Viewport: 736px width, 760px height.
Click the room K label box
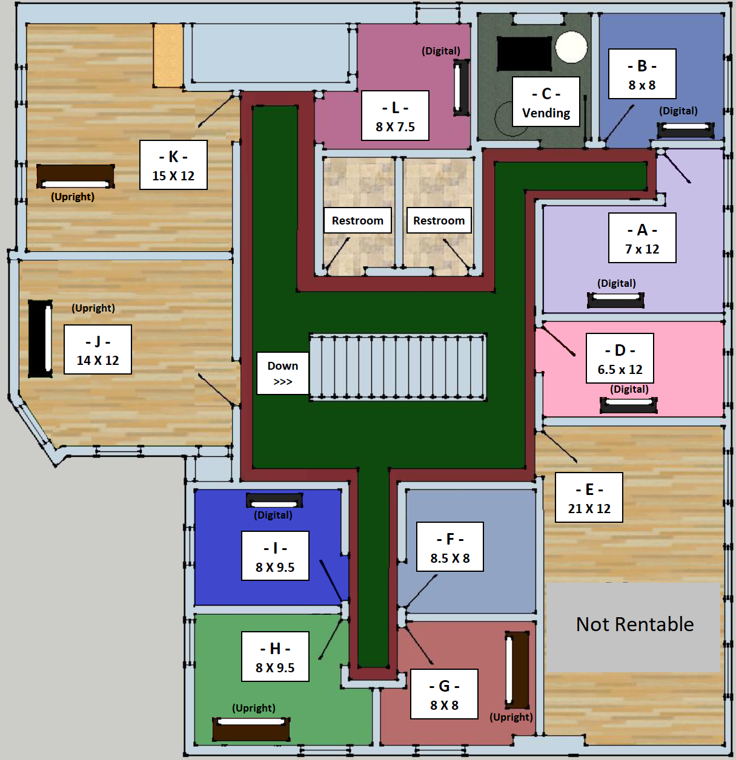click(173, 165)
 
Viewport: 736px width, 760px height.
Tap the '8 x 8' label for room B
click(642, 85)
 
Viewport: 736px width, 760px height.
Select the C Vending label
click(546, 102)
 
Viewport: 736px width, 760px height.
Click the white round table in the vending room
click(571, 47)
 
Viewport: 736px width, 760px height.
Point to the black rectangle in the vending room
click(525, 54)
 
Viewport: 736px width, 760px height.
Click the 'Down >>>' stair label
click(283, 373)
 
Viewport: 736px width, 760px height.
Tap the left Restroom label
click(357, 221)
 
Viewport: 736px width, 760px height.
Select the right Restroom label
click(439, 221)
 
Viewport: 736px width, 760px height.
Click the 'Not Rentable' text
click(635, 624)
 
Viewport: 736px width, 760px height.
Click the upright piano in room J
click(40, 339)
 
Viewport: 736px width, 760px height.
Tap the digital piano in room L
click(461, 88)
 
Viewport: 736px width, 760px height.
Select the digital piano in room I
click(274, 500)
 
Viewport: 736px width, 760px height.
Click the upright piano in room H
click(251, 729)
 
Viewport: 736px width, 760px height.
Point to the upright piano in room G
click(517, 670)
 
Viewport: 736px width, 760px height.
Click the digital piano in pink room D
click(628, 405)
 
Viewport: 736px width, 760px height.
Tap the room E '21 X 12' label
click(589, 508)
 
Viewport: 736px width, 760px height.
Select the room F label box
click(449, 547)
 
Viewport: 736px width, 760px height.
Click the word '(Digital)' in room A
click(616, 283)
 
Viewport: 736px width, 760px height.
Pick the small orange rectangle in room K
click(168, 55)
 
